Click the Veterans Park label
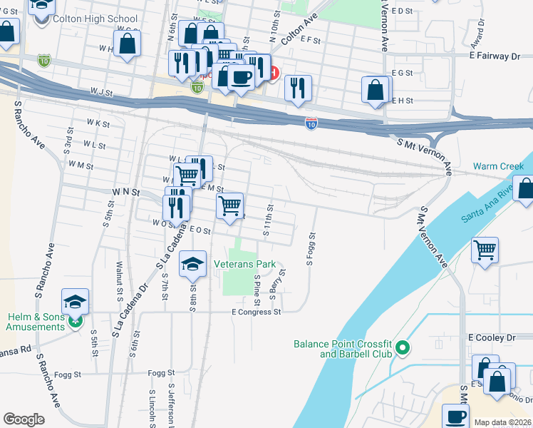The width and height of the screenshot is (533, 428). coord(245,264)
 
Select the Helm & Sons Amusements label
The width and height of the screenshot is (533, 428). coord(35,322)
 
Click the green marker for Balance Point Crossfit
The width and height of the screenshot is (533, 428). coord(403,348)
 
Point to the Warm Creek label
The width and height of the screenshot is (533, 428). coord(502,166)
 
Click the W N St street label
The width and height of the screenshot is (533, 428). coord(125,193)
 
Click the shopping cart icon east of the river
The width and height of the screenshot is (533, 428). coord(485,250)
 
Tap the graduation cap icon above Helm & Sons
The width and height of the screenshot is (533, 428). coord(75,301)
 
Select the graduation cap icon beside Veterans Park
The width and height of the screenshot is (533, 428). coord(192,264)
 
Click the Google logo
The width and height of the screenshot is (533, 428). coord(24,419)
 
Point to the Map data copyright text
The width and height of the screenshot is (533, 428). coord(501,422)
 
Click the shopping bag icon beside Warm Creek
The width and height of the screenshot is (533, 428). coord(525,188)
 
